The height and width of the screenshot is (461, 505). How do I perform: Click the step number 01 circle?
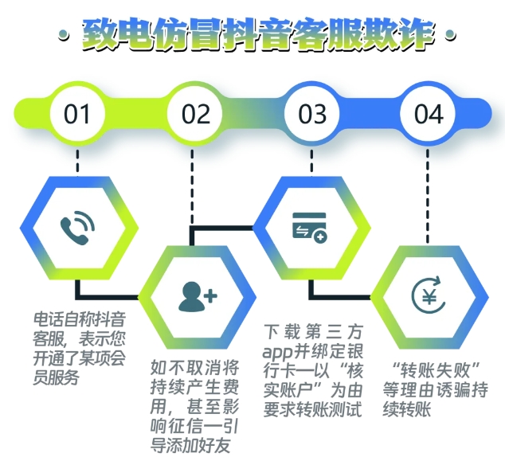77,114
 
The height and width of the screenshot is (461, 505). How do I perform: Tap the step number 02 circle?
195,114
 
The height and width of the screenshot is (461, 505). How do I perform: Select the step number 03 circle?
311,114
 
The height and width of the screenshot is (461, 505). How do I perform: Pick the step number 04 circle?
428,114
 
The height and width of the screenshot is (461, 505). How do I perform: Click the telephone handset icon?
77,228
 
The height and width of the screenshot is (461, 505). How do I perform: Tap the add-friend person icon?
198,296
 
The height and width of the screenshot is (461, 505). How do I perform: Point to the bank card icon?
310,228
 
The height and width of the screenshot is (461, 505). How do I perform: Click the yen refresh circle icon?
429,296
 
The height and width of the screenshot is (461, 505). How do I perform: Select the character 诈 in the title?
416,35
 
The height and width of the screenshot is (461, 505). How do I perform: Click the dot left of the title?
64,35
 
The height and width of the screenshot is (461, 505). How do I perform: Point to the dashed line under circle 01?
77,162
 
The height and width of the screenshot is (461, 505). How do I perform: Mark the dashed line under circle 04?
428,197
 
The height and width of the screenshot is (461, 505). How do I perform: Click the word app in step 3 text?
277,353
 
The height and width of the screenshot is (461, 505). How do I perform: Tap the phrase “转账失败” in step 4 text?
436,371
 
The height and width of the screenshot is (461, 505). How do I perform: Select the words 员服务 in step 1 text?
56,377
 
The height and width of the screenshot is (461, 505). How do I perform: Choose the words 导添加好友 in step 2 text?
190,445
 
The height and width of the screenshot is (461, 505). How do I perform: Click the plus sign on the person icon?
210,296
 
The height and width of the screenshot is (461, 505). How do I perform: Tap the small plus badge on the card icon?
320,237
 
